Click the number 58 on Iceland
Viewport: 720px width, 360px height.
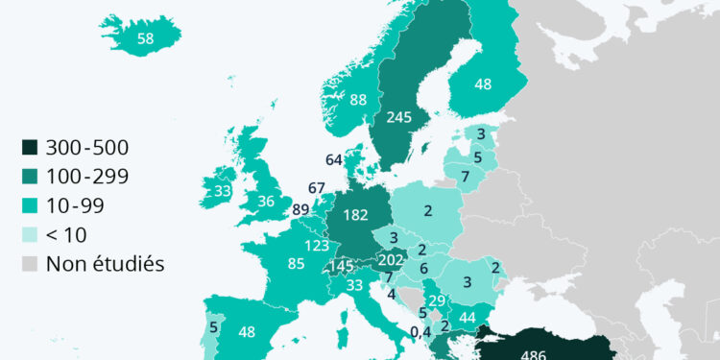[146, 38]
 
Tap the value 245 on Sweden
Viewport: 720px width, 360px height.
[399, 117]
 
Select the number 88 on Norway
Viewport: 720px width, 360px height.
[359, 99]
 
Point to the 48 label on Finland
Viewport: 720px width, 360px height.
[483, 84]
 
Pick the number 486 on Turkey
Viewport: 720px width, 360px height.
[533, 353]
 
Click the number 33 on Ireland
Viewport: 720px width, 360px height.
[223, 191]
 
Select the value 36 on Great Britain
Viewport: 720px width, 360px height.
[266, 202]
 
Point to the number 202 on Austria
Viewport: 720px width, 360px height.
[392, 258]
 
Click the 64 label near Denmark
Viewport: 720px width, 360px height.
[334, 159]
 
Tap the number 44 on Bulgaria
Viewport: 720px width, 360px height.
[468, 318]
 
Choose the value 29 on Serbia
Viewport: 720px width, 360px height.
[436, 301]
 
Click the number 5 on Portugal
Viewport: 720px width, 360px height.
[212, 325]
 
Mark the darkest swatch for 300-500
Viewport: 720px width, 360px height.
[31, 148]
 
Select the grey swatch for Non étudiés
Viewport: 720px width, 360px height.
[31, 263]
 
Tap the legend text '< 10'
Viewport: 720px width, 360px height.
[73, 234]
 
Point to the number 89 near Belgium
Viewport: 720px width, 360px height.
[300, 210]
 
